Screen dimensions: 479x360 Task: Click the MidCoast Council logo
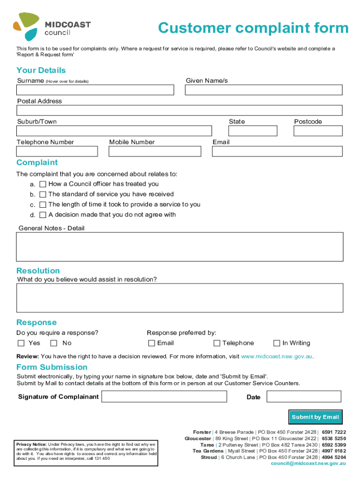[52, 27]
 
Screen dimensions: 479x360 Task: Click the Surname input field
[95, 90]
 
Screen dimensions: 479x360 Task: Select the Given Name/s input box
[264, 90]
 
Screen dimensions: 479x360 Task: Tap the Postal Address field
[180, 110]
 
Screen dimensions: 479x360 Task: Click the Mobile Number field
[155, 152]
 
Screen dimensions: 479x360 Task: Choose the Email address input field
[277, 152]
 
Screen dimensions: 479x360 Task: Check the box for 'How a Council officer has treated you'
[43, 184]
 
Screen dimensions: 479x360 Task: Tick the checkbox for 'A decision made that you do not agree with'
[43, 215]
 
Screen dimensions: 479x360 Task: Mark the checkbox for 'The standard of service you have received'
[43, 195]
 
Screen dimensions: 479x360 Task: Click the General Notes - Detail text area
[180, 247]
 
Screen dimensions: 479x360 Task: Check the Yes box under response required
[21, 343]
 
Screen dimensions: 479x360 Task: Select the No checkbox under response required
[54, 343]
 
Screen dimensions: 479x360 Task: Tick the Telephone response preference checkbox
[217, 343]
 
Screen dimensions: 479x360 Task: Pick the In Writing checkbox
[277, 343]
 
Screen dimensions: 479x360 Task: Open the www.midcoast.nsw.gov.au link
[276, 356]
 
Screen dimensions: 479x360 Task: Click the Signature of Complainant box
[164, 397]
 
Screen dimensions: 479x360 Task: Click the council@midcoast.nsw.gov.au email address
[308, 463]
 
